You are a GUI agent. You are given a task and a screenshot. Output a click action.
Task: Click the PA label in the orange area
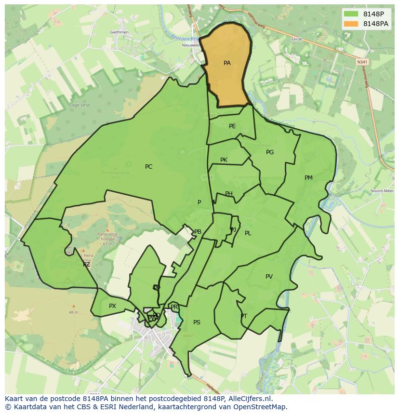pyautogui.click(x=227, y=63)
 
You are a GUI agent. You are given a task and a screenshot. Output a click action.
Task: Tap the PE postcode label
pyautogui.click(x=232, y=126)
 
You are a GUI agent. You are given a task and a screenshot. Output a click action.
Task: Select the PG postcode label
pyautogui.click(x=270, y=152)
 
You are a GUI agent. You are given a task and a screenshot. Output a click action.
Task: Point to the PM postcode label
pyautogui.click(x=308, y=178)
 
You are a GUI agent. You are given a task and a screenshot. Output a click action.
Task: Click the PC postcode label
pyautogui.click(x=148, y=167)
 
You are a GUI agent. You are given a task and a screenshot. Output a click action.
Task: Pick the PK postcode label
pyautogui.click(x=224, y=160)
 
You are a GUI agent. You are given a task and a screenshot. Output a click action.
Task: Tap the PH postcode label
pyautogui.click(x=229, y=194)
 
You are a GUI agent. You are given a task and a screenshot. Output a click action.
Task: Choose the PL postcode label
pyautogui.click(x=248, y=233)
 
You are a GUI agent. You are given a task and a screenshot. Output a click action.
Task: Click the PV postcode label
pyautogui.click(x=269, y=277)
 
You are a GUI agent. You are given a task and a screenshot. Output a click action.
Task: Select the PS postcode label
pyautogui.click(x=197, y=322)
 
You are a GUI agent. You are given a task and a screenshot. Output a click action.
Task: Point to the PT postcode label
pyautogui.click(x=244, y=316)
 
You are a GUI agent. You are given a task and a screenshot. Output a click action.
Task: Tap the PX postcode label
pyautogui.click(x=112, y=306)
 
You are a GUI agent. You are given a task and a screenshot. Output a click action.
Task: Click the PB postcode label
pyautogui.click(x=198, y=232)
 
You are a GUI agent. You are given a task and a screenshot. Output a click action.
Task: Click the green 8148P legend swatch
pyautogui.click(x=352, y=14)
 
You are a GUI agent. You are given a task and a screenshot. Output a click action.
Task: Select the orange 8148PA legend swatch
pyautogui.click(x=352, y=24)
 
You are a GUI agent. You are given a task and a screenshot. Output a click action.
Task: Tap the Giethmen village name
pyautogui.click(x=119, y=32)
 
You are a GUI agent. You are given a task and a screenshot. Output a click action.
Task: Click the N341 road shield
pyautogui.click(x=362, y=62)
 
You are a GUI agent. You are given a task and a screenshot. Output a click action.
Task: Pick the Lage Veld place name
pyautogui.click(x=79, y=105)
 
